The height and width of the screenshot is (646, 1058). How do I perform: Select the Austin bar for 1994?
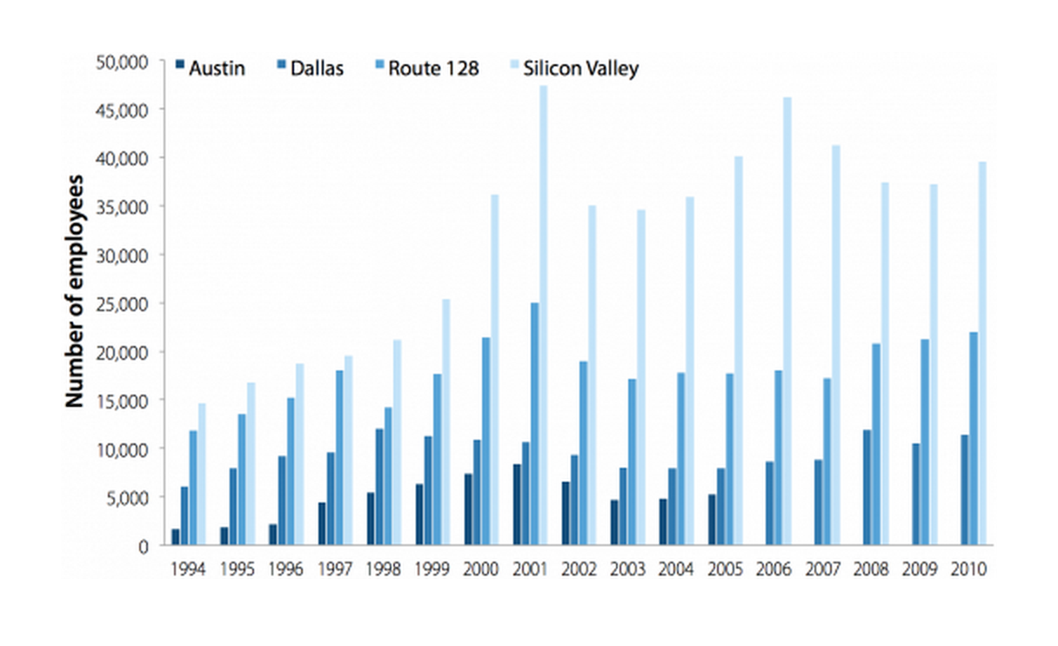(x=176, y=537)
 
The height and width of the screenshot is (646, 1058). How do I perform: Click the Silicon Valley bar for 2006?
(x=787, y=321)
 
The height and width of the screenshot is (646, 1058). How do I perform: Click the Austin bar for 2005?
(x=712, y=520)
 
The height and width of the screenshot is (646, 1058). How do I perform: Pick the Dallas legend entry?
(x=308, y=68)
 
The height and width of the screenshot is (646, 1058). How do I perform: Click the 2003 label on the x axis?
(x=627, y=569)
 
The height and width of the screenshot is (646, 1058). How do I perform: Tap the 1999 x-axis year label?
(x=432, y=569)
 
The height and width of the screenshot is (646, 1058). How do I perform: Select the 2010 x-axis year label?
(x=969, y=569)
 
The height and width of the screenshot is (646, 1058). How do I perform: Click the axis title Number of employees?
(x=76, y=291)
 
